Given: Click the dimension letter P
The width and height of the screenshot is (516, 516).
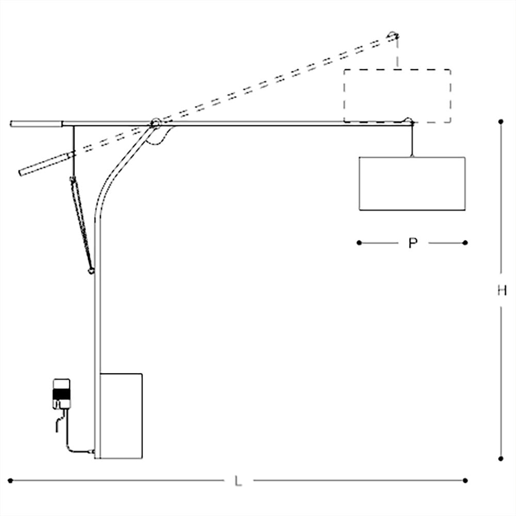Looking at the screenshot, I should [x=412, y=243].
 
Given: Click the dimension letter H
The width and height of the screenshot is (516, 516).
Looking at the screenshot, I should [x=502, y=291].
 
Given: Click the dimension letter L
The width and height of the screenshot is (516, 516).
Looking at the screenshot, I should [x=237, y=481].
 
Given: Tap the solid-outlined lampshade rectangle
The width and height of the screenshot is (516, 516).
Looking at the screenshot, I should [x=412, y=184].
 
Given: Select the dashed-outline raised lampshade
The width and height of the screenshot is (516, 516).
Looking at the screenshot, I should [x=397, y=96].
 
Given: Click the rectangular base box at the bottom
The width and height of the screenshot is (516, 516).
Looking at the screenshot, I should [x=121, y=416].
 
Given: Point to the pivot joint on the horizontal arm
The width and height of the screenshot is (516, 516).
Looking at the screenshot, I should [x=155, y=123].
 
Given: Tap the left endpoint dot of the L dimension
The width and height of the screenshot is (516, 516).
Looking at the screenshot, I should [x=10, y=480].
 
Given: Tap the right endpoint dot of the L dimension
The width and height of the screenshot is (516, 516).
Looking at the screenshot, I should [x=465, y=480].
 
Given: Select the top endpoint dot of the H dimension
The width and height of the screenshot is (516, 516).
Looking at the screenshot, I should [x=501, y=122].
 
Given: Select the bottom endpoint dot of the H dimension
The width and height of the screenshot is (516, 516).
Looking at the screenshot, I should [x=501, y=458].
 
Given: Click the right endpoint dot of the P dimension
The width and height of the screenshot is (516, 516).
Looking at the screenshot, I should [x=465, y=243].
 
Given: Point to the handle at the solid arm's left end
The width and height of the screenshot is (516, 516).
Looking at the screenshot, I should [x=36, y=124].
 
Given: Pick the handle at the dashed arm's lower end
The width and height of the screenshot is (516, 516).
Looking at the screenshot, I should [x=44, y=163].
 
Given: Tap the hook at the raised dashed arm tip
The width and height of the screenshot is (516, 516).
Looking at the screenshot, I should [x=394, y=35].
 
